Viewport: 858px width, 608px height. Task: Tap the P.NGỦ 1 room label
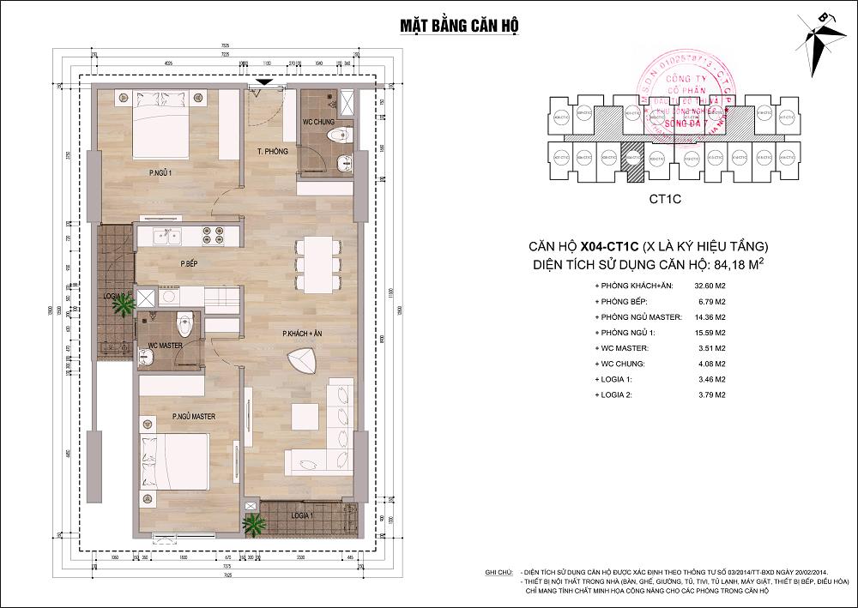pos(160,173)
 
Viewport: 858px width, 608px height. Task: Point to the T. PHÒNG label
pos(271,151)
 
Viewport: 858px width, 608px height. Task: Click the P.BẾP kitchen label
pos(190,263)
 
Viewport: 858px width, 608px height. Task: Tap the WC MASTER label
pos(165,346)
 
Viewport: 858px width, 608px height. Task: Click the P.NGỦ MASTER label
pos(193,417)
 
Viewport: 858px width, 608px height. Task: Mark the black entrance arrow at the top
pos(266,82)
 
